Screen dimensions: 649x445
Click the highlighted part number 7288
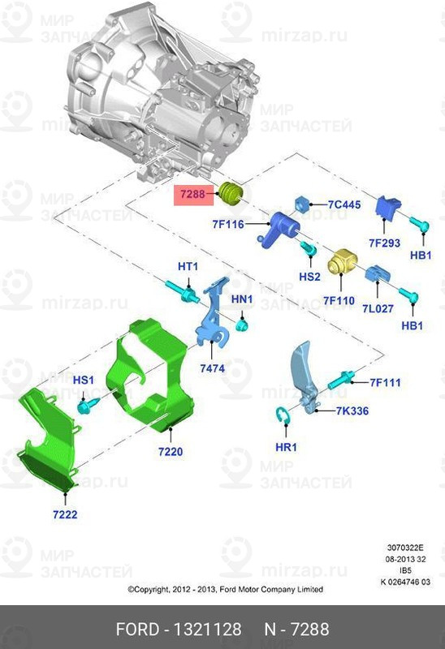[x=192, y=195]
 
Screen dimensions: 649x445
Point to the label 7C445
[x=343, y=204]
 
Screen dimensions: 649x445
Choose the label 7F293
[x=385, y=242]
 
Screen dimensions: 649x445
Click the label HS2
[x=309, y=277]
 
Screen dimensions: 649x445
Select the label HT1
[x=188, y=267]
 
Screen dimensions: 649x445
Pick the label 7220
[x=171, y=450]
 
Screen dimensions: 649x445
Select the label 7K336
[x=352, y=411]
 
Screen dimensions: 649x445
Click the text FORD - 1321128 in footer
[x=179, y=630]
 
